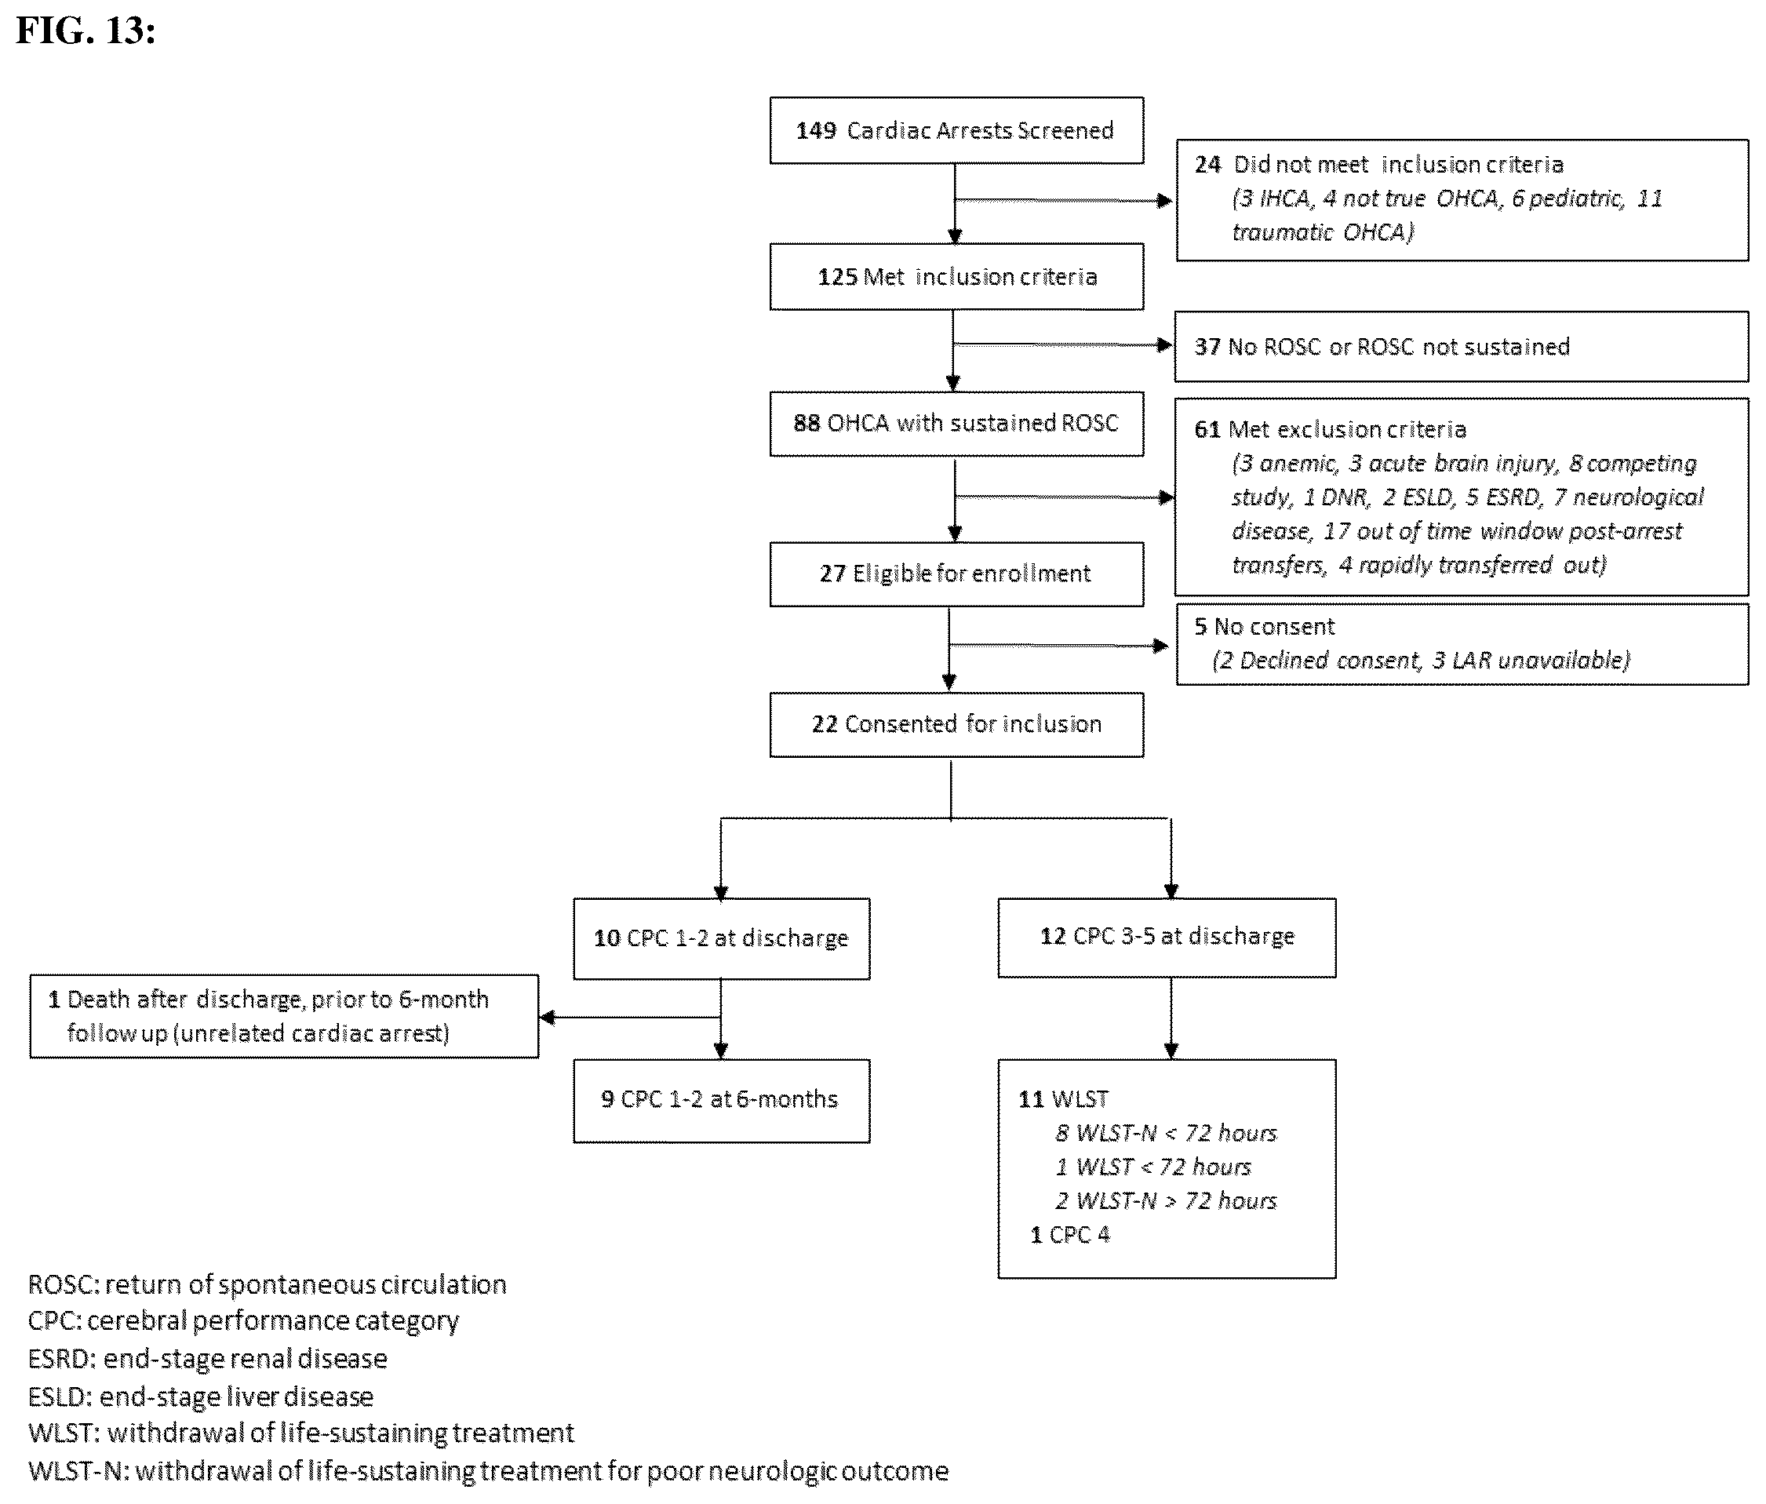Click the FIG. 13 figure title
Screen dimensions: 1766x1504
click(x=86, y=31)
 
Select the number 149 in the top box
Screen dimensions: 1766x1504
click(x=816, y=130)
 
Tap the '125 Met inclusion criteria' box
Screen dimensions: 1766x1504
click(x=956, y=277)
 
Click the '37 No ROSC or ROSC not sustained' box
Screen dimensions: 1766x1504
click(x=1461, y=346)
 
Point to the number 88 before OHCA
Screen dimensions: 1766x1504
click(x=807, y=424)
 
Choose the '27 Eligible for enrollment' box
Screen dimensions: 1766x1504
click(x=956, y=574)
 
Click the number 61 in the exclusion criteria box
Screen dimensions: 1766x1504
click(x=1207, y=429)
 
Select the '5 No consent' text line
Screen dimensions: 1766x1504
click(x=1264, y=626)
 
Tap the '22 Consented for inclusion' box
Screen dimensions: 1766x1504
click(x=956, y=724)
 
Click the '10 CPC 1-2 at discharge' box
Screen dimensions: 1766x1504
click(x=721, y=938)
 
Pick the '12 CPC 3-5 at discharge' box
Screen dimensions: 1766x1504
click(x=1167, y=938)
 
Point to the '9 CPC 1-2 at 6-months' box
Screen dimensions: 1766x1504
click(x=721, y=1100)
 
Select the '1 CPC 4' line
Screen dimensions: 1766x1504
click(x=1069, y=1235)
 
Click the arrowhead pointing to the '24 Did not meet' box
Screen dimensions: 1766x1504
click(x=1165, y=201)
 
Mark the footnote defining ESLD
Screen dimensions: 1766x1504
click(x=200, y=1397)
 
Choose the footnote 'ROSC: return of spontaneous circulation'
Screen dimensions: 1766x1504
click(x=267, y=1285)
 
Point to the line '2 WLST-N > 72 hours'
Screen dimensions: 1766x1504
click(x=1166, y=1200)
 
